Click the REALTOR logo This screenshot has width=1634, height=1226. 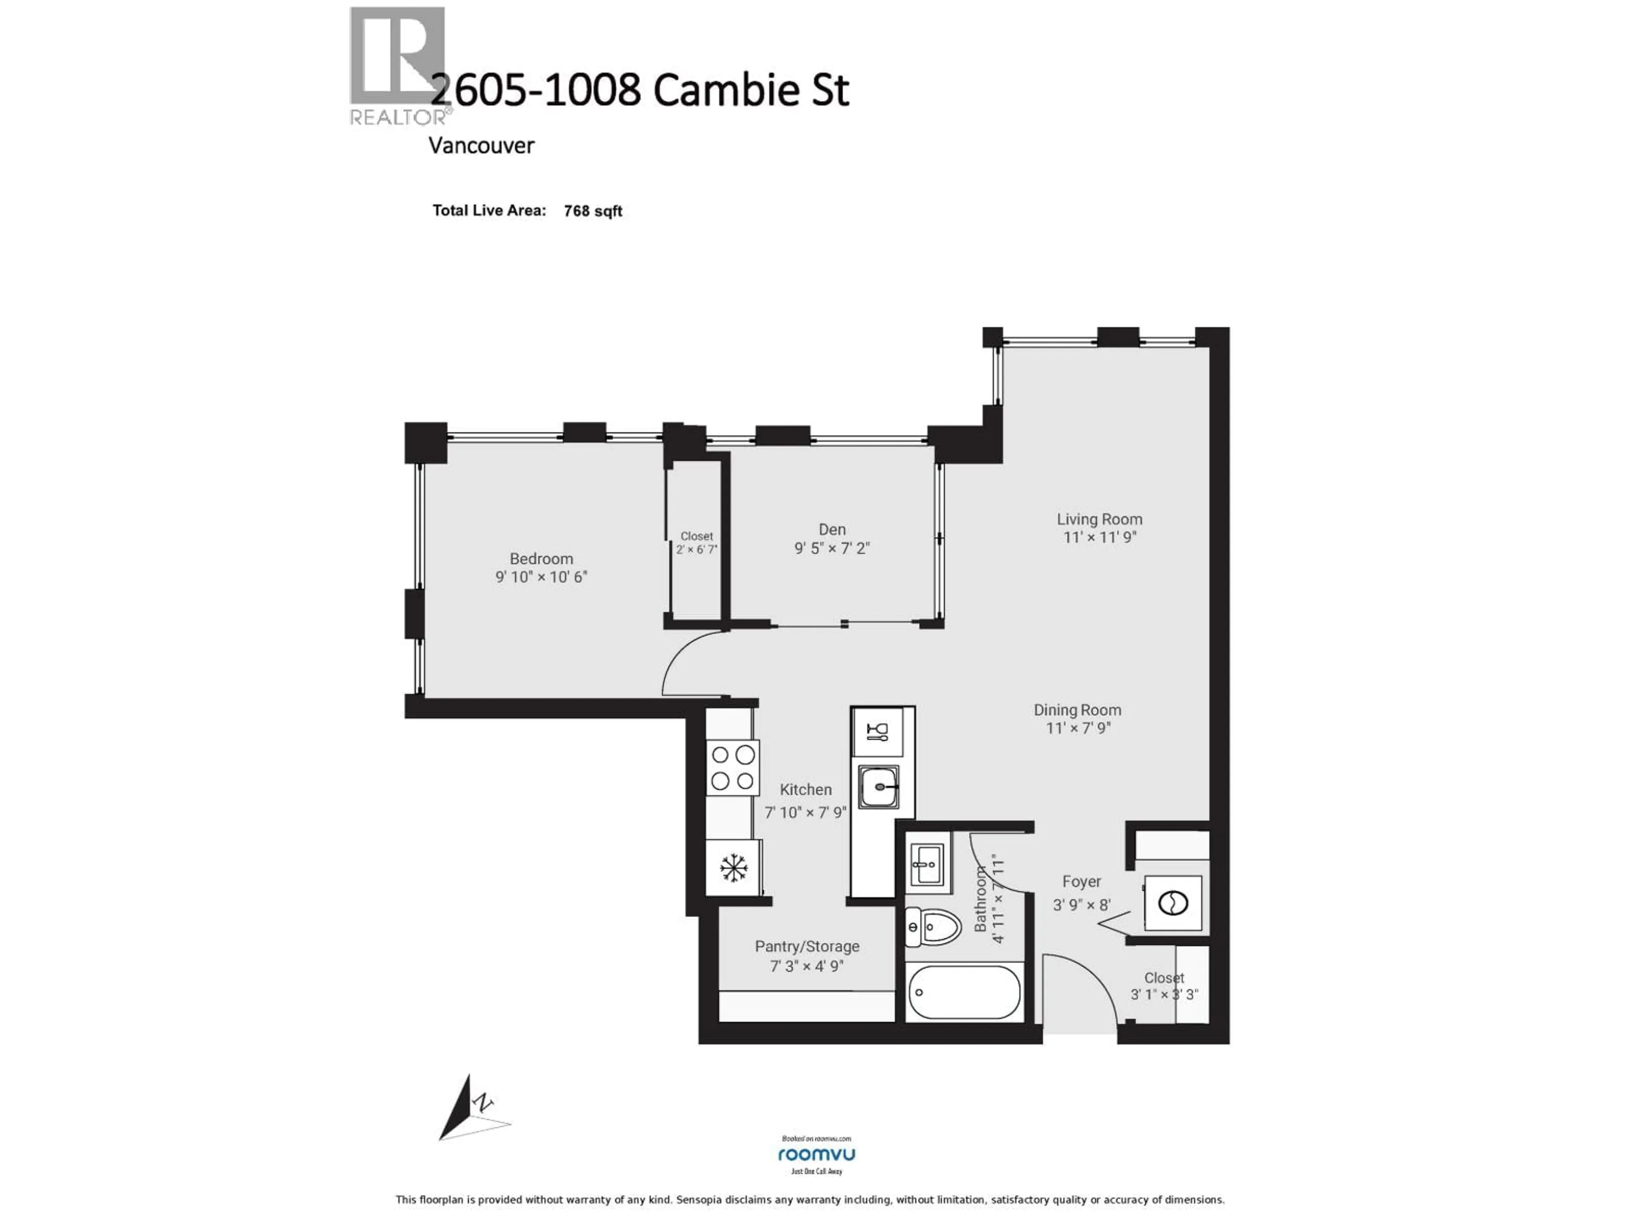click(397, 65)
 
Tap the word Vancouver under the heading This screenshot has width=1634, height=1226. click(481, 146)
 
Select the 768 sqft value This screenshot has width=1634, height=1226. click(592, 211)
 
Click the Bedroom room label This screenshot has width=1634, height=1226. click(541, 559)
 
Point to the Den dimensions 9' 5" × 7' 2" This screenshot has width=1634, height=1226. click(832, 548)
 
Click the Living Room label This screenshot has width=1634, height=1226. click(1099, 519)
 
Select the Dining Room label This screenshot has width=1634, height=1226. click(1077, 710)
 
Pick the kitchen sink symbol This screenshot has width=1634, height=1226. click(878, 787)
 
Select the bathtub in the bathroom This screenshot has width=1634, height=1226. click(964, 992)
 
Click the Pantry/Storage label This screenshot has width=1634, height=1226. click(807, 947)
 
